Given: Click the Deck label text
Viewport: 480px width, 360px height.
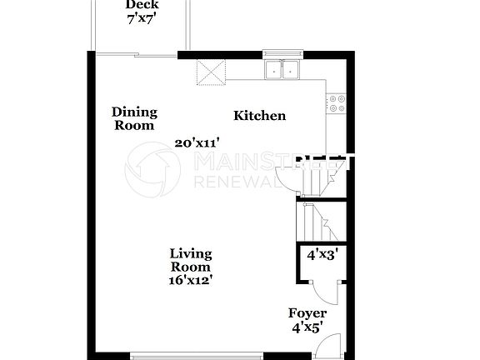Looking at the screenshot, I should [x=142, y=5].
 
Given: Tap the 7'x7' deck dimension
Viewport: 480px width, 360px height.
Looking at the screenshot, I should [x=142, y=17].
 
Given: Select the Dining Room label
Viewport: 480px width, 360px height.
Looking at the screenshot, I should [x=134, y=119].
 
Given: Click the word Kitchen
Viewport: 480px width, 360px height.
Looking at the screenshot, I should [x=259, y=116].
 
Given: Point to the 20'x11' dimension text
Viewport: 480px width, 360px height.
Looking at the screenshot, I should [x=197, y=142].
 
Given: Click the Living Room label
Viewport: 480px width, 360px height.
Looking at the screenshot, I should [x=191, y=260].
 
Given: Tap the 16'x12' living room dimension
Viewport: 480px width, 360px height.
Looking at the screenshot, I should [x=191, y=280].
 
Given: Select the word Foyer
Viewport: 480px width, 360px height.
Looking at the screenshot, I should [x=307, y=313].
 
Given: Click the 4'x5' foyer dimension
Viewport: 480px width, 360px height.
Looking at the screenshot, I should [x=307, y=327].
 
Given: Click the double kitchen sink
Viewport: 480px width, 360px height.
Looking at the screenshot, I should [x=283, y=70].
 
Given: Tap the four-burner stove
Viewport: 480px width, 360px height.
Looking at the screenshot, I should [x=337, y=102].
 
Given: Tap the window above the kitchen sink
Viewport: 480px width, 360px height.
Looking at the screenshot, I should [x=283, y=54].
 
